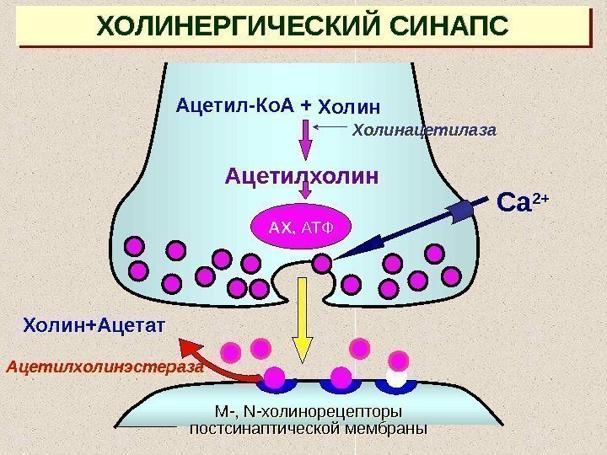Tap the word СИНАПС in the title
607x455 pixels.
[450, 27]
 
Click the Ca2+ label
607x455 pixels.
[523, 203]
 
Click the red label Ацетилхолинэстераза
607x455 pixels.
[105, 367]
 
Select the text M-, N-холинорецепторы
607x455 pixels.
[307, 412]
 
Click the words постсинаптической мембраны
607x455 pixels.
[307, 428]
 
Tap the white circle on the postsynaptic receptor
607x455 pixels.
[396, 377]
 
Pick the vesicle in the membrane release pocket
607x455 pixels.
[321, 264]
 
